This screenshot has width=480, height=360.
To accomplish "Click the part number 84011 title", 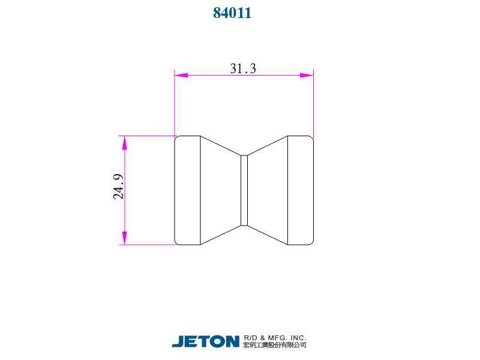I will point(232,13).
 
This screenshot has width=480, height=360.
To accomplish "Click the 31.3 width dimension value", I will point(243,68).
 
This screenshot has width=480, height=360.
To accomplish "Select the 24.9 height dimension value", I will point(118,187).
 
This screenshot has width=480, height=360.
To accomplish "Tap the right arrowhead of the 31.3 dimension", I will point(307,76).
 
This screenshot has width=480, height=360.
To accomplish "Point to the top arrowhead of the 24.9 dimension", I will point(125,143).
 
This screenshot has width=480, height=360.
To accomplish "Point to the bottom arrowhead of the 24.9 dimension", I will point(125,238).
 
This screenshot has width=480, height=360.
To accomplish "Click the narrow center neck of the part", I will point(244,190).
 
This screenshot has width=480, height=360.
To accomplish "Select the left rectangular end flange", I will point(187,190).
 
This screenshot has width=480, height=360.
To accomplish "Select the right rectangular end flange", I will point(301,190).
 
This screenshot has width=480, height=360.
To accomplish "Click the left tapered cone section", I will point(219,190).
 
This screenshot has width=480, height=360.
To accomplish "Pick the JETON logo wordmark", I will point(206,341).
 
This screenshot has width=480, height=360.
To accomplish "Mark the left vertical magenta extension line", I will point(175,105).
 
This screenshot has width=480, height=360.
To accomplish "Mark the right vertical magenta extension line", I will point(314,105).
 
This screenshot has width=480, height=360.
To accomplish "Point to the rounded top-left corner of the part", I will point(176,138).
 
